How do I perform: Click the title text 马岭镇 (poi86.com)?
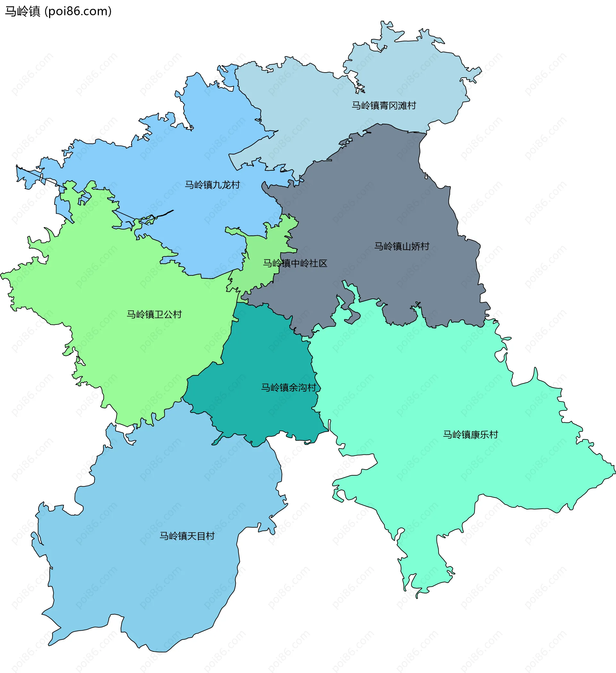tap(58, 11)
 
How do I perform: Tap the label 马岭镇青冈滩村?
tap(384, 106)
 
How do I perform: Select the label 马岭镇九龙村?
tap(212, 185)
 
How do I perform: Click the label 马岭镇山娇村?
tap(401, 246)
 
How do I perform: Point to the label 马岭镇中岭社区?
tap(295, 263)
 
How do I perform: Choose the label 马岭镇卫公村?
tap(154, 314)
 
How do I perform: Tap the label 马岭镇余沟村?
tap(288, 388)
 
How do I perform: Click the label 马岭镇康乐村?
tap(470, 435)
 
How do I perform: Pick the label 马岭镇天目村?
tap(187, 536)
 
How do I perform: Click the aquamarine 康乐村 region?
tap(434, 384)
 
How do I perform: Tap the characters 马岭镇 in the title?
tap(22, 11)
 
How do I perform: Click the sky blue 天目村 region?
tap(150, 584)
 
